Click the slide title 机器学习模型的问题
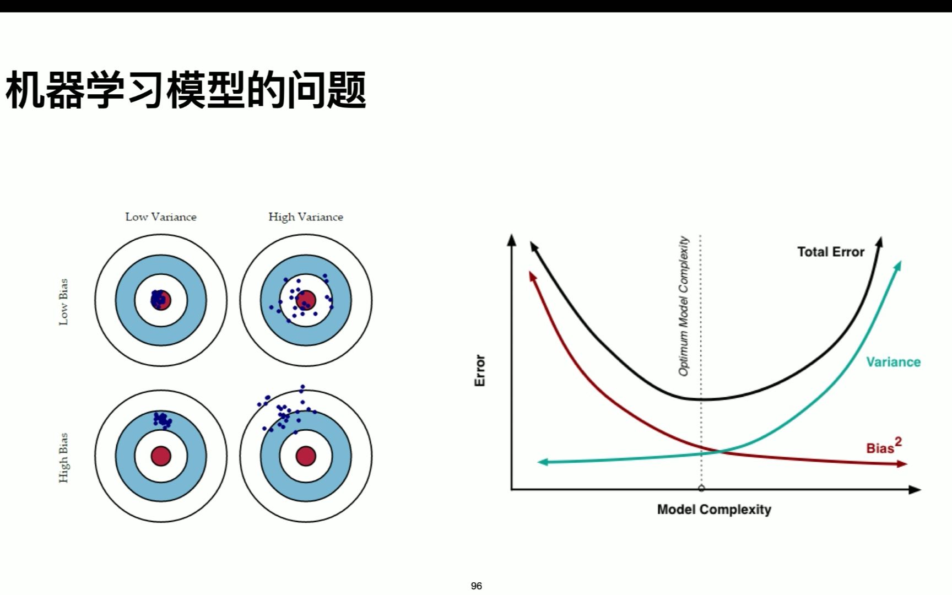pyautogui.click(x=186, y=90)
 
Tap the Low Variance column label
pyautogui.click(x=160, y=217)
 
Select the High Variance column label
pyautogui.click(x=306, y=217)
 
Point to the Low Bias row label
pyautogui.click(x=64, y=301)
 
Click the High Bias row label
pyautogui.click(x=64, y=457)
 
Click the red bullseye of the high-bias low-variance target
pyautogui.click(x=161, y=456)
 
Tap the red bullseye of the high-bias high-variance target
pyautogui.click(x=306, y=456)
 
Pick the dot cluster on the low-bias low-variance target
pyautogui.click(x=159, y=299)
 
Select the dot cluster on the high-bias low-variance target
pyautogui.click(x=163, y=420)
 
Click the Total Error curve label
pyautogui.click(x=830, y=252)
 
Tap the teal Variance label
pyautogui.click(x=893, y=362)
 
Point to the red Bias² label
pyautogui.click(x=883, y=446)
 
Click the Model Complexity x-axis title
pyautogui.click(x=714, y=510)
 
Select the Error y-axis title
pyautogui.click(x=480, y=370)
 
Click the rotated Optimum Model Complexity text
pyautogui.click(x=684, y=306)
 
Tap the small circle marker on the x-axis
pyautogui.click(x=701, y=488)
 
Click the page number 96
pyautogui.click(x=477, y=586)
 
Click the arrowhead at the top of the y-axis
pyautogui.click(x=512, y=240)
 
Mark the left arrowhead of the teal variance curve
pyautogui.click(x=542, y=462)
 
